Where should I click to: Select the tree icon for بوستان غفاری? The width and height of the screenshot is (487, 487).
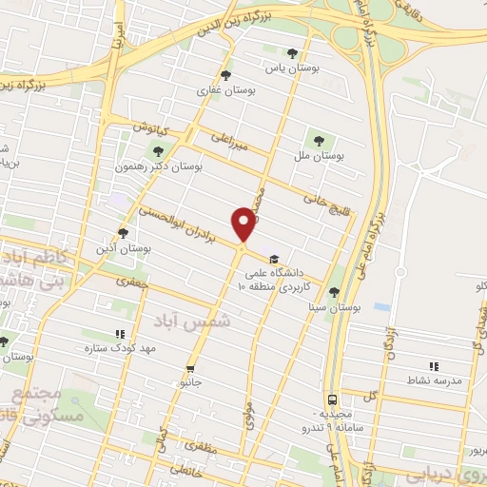click(225, 74)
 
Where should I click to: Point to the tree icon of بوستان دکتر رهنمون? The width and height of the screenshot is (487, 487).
click(158, 149)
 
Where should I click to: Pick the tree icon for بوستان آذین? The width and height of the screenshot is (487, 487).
click(122, 233)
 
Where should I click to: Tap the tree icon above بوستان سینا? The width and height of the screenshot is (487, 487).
click(334, 293)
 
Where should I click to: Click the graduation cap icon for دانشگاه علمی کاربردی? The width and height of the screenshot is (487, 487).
click(274, 259)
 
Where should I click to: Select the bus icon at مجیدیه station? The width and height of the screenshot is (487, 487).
click(332, 400)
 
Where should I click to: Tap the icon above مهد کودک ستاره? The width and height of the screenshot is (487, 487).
click(120, 334)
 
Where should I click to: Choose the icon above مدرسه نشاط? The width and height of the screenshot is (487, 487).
click(434, 365)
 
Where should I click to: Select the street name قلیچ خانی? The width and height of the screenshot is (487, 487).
click(321, 201)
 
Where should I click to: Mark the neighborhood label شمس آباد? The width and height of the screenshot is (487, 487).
click(210, 321)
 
